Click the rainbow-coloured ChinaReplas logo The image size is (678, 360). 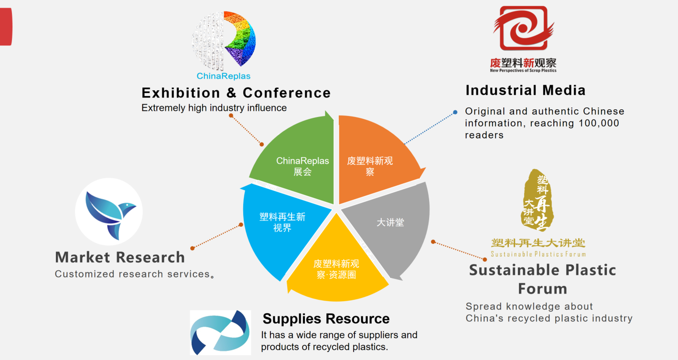click(224, 39)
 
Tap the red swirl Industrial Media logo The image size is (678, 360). click(523, 28)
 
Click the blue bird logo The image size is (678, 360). click(109, 212)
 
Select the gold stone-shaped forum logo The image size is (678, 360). click(537, 200)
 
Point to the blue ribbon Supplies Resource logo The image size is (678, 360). click(220, 332)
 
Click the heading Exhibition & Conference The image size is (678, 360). click(236, 93)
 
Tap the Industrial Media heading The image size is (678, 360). click(526, 90)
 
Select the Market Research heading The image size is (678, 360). click(120, 257)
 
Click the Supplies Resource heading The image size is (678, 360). click(326, 318)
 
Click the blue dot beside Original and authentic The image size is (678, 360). click(455, 112)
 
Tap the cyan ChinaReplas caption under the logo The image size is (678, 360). click(224, 76)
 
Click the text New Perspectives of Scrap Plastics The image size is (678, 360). click(523, 71)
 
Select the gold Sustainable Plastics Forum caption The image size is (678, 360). click(538, 254)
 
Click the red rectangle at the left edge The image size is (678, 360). click(6, 27)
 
